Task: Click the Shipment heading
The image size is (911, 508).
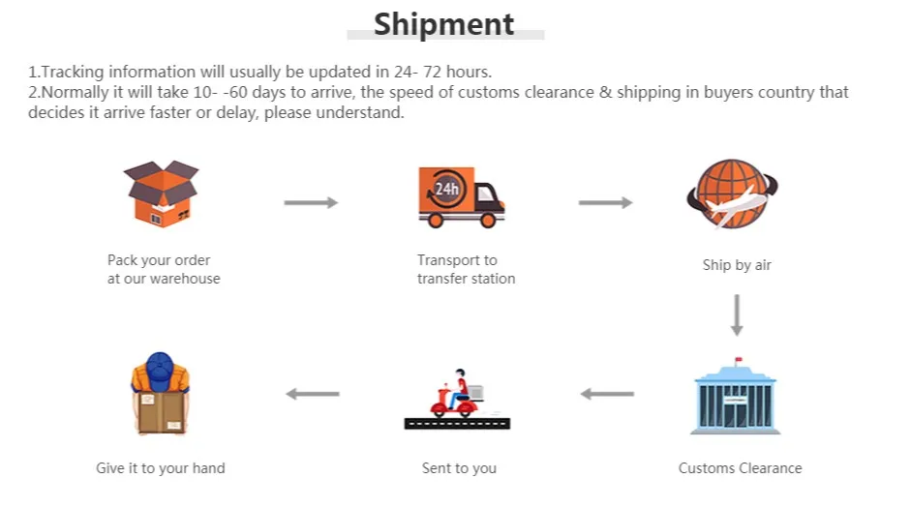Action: (x=444, y=23)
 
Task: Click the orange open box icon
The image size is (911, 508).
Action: (x=161, y=194)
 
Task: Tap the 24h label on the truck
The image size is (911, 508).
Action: (x=446, y=189)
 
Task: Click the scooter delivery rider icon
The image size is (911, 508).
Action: (x=456, y=394)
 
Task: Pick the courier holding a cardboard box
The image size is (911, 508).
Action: (x=160, y=397)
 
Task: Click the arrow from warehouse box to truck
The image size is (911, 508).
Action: (x=311, y=202)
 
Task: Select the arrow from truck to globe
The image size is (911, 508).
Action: (x=605, y=202)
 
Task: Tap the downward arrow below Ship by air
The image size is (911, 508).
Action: (x=737, y=315)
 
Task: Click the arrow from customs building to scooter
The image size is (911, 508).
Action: (x=607, y=394)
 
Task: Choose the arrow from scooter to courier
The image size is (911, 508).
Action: (x=313, y=394)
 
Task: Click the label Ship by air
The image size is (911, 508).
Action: (x=737, y=265)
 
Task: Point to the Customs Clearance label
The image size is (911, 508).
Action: (x=740, y=468)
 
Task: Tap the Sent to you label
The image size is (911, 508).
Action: (x=459, y=468)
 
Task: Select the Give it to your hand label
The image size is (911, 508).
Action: (x=160, y=468)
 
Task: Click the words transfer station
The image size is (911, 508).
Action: (x=466, y=279)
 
